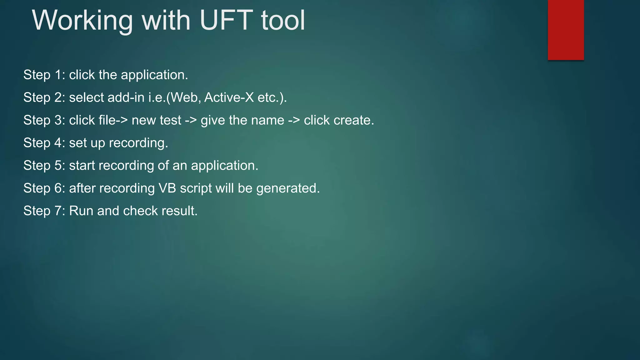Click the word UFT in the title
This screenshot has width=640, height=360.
click(226, 21)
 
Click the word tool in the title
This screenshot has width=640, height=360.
click(283, 21)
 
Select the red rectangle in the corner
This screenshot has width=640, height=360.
click(566, 30)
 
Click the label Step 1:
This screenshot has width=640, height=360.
click(44, 75)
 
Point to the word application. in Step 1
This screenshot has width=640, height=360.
click(154, 75)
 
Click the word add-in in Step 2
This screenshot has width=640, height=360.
click(126, 97)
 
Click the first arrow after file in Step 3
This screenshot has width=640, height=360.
click(122, 120)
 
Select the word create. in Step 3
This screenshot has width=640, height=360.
click(354, 120)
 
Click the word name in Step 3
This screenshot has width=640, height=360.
click(267, 120)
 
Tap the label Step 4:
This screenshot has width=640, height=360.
click(44, 143)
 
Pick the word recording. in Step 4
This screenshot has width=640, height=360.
click(138, 143)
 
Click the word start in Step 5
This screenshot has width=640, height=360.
click(82, 166)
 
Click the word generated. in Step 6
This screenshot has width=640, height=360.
click(288, 188)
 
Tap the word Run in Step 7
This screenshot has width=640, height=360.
click(81, 211)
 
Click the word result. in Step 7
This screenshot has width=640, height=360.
click(179, 211)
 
